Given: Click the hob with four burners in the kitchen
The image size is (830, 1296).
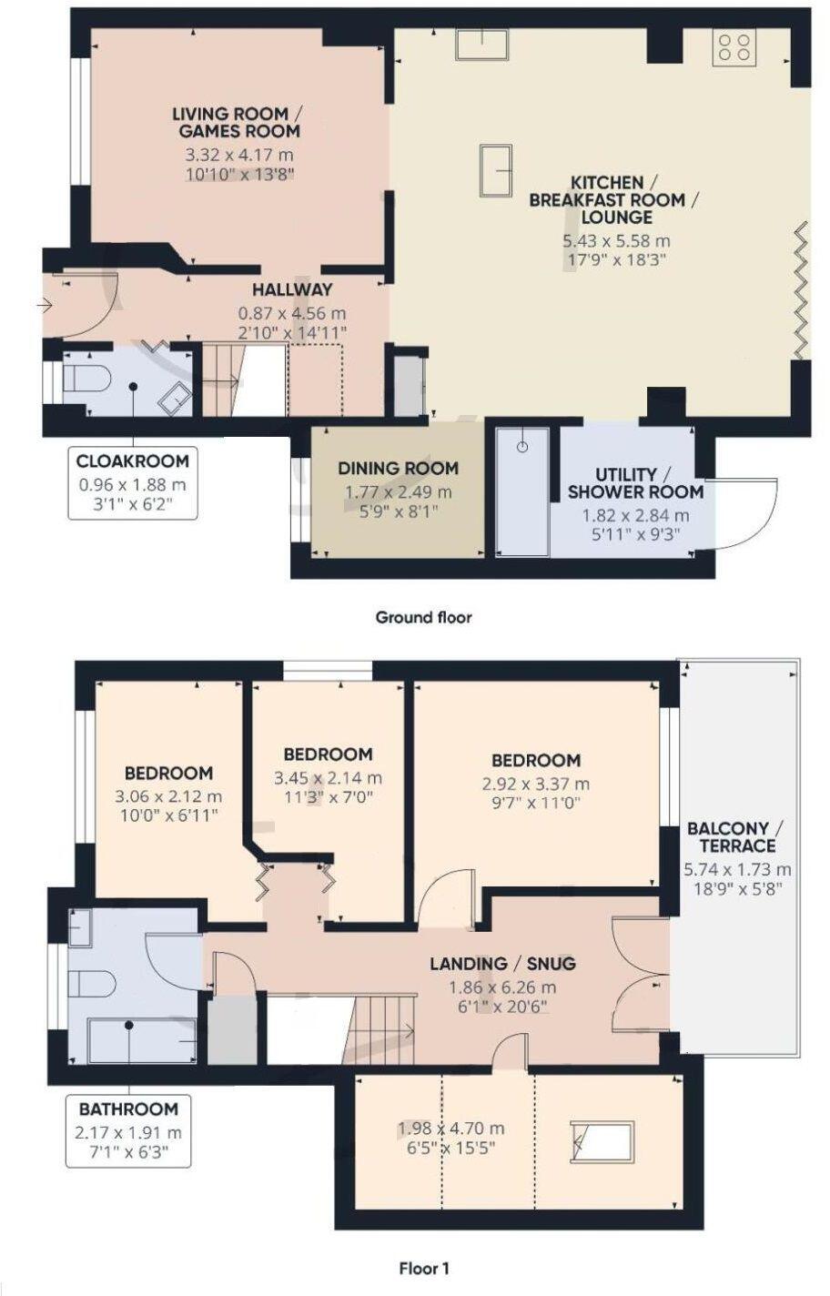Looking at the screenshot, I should pyautogui.click(x=734, y=48).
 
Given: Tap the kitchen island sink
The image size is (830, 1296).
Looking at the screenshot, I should pyautogui.click(x=495, y=170).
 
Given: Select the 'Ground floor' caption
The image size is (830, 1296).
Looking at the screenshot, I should pyautogui.click(x=423, y=617).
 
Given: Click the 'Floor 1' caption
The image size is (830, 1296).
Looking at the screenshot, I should pyautogui.click(x=424, y=1268).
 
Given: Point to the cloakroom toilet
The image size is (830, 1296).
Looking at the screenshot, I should pyautogui.click(x=86, y=378).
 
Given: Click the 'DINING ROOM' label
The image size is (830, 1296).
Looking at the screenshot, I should pyautogui.click(x=398, y=469).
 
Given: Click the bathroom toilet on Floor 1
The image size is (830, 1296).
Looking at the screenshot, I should pyautogui.click(x=92, y=985).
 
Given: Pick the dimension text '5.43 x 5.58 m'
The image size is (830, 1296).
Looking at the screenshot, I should pyautogui.click(x=616, y=241).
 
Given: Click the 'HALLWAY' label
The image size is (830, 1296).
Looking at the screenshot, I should pyautogui.click(x=292, y=289).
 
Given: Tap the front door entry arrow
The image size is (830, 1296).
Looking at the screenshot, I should pyautogui.click(x=45, y=306).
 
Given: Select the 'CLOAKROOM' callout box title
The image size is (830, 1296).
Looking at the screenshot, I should pyautogui.click(x=133, y=461).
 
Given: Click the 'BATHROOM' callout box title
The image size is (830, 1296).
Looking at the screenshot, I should pyautogui.click(x=128, y=1109).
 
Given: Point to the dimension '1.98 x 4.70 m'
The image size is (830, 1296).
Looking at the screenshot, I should pyautogui.click(x=450, y=1129).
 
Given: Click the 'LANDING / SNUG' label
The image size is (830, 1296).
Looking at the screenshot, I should pyautogui.click(x=502, y=963).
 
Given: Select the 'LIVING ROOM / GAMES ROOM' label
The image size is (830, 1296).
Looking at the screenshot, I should pyautogui.click(x=238, y=122).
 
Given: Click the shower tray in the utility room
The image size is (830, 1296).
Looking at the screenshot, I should pyautogui.click(x=522, y=491).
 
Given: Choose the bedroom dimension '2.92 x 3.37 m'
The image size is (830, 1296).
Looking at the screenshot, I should pyautogui.click(x=536, y=784).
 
